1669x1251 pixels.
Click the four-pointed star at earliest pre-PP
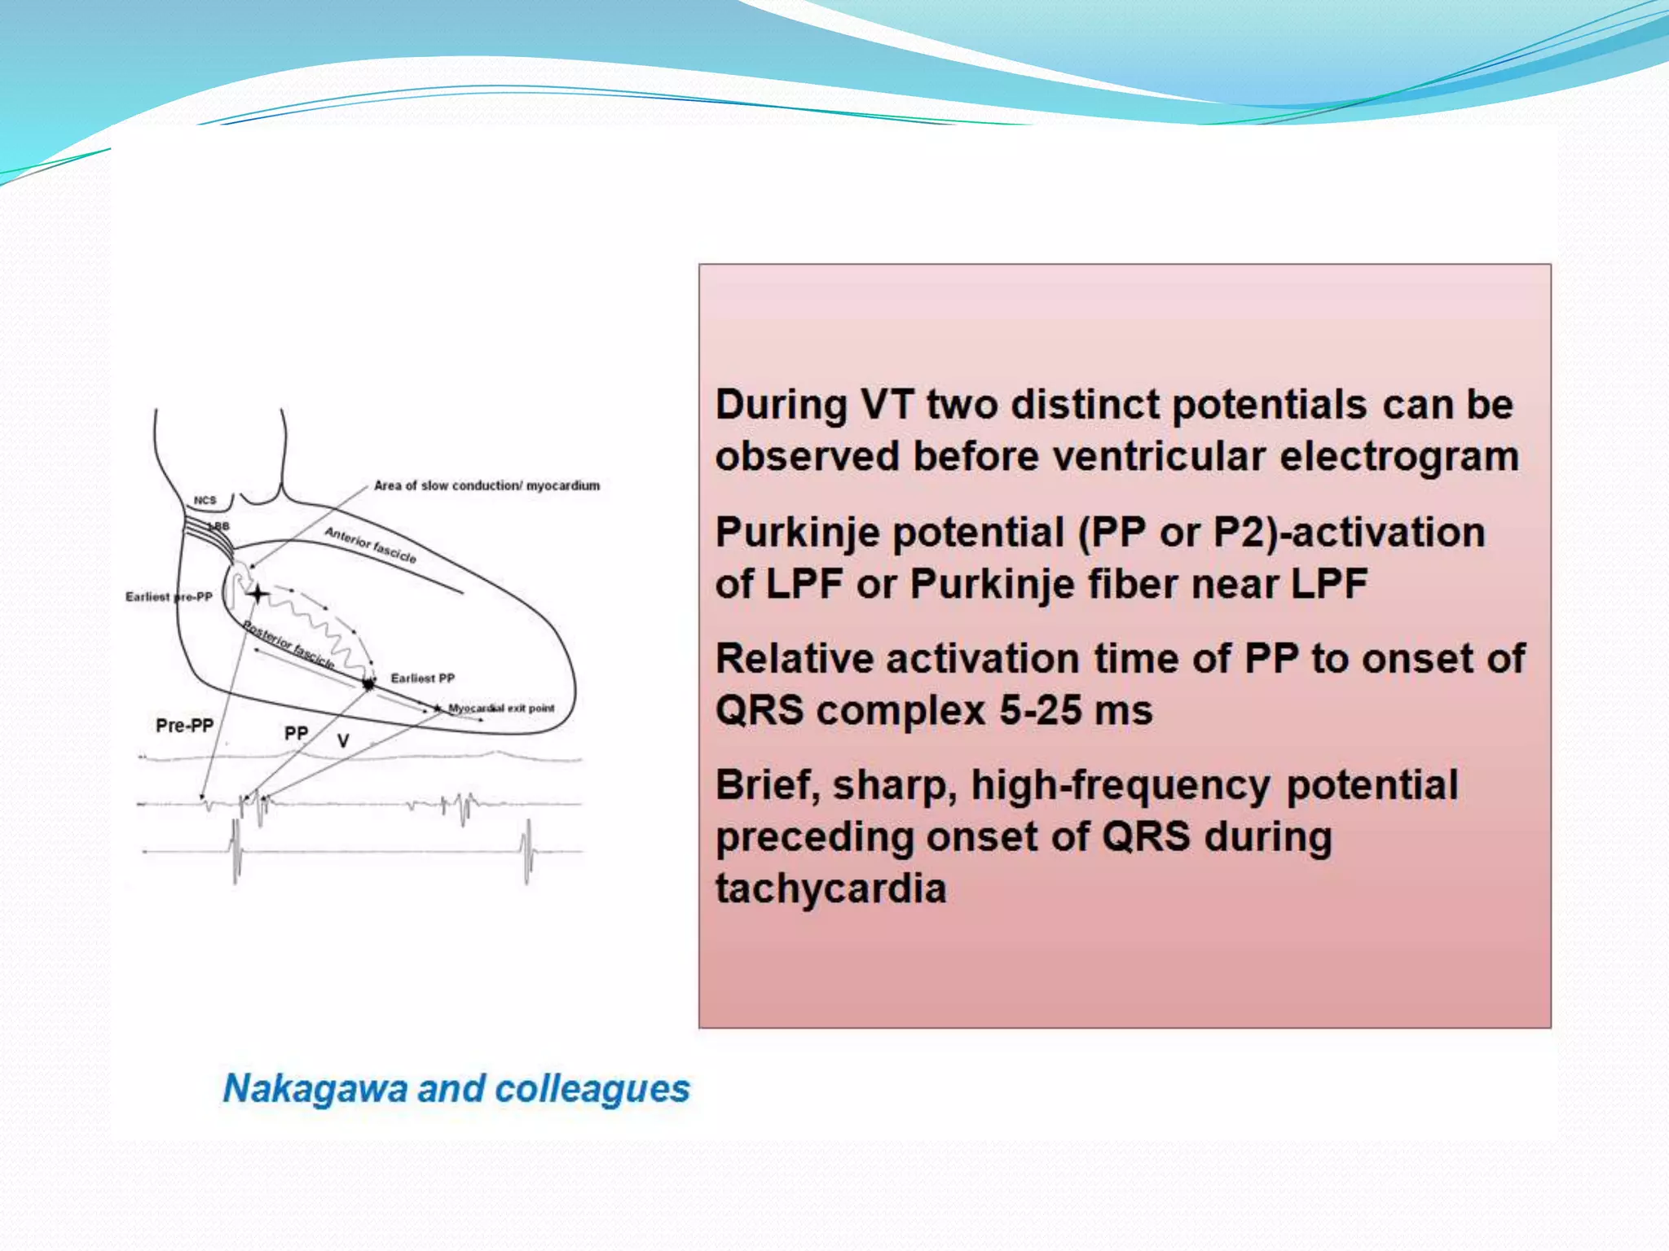pos(258,594)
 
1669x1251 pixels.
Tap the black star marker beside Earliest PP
pos(369,683)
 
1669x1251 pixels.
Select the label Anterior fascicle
pos(371,545)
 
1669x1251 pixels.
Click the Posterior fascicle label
pos(289,646)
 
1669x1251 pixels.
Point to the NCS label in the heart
pos(205,500)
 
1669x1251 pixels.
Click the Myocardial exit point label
pos(500,709)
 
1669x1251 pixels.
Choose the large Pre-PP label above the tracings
pos(184,726)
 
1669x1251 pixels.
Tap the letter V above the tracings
pos(343,741)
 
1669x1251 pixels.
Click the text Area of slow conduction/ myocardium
pos(487,485)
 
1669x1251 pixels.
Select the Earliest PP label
pos(422,678)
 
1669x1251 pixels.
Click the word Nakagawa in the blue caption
pos(315,1089)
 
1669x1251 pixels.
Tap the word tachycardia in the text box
pos(830,889)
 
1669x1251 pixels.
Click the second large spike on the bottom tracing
pos(528,850)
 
